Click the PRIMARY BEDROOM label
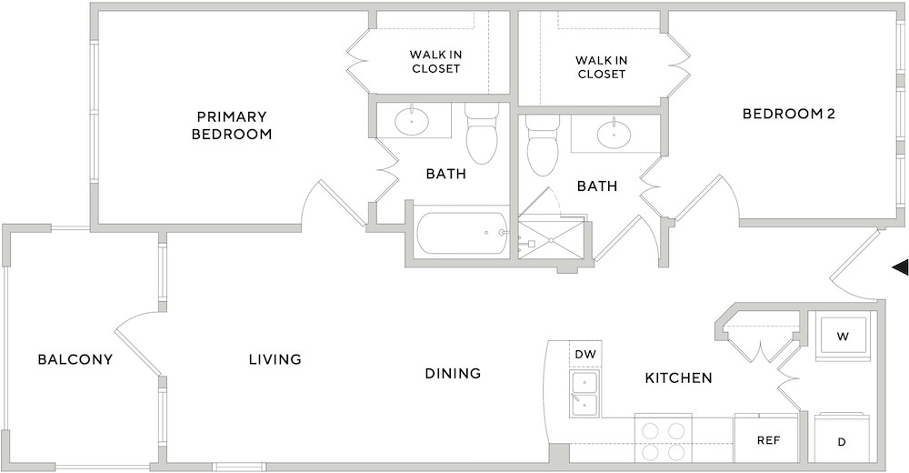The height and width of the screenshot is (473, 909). pos(232,126)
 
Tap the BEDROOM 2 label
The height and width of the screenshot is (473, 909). pos(788,114)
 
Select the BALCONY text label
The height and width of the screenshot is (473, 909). pos(75,359)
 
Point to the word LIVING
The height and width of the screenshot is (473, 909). pos(275,359)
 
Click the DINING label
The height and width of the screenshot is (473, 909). pos(454,373)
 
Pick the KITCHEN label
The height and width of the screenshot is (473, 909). pos(679,378)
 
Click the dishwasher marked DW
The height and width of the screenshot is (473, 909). pos(585,354)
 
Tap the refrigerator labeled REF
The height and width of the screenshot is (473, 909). pos(766,438)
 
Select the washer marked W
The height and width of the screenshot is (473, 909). pos(843,337)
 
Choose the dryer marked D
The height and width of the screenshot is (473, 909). pos(842,438)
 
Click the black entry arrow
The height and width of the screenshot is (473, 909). pos(900,267)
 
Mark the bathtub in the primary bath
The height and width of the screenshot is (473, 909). pos(463,233)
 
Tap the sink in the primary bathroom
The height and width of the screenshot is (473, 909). pos(412,121)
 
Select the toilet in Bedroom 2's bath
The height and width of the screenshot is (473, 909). pos(543,146)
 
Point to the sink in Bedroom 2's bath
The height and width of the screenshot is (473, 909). pos(615,134)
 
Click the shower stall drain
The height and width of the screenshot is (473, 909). pos(551,240)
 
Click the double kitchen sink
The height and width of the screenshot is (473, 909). pos(585,394)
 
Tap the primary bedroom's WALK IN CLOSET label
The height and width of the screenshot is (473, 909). pos(435,62)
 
